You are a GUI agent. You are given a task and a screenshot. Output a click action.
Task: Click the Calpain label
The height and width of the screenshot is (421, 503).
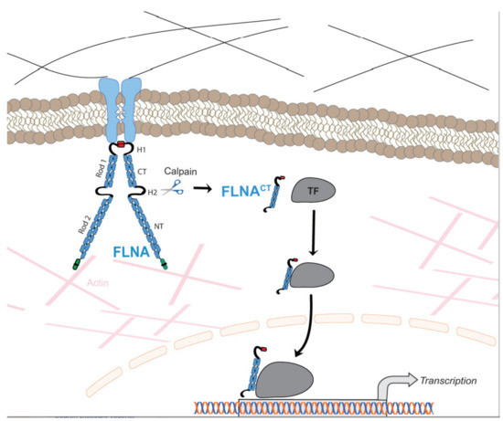click(180, 171)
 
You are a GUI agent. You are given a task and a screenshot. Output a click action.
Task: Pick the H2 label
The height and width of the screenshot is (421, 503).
click(151, 191)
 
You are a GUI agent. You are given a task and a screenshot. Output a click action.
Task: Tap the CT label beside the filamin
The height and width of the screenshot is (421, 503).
click(150, 168)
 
